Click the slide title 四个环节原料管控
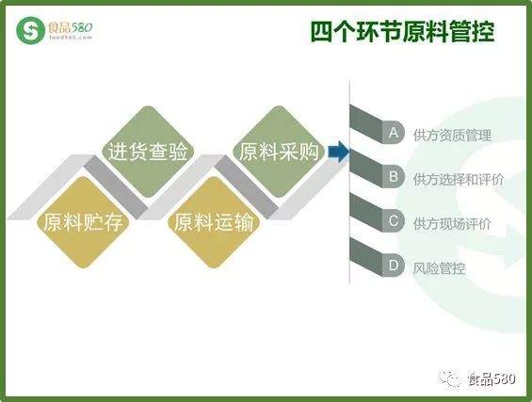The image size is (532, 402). (402, 32)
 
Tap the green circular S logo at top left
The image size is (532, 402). (30, 30)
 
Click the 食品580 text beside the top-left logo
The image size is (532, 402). (71, 27)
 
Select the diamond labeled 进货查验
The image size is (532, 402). (148, 152)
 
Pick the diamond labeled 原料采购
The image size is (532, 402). (279, 152)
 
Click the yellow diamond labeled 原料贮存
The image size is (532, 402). (83, 222)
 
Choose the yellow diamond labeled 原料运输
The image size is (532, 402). (214, 222)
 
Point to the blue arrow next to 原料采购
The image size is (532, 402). (338, 152)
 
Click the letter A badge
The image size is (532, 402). (394, 133)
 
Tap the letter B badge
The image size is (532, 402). (394, 176)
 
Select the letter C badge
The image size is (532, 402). (394, 221)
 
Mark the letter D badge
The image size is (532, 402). (394, 265)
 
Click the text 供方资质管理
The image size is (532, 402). (452, 135)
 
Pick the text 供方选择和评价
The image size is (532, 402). (459, 180)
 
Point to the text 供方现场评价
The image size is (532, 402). (452, 224)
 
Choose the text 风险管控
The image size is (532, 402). (439, 268)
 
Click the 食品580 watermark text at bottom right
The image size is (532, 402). (492, 378)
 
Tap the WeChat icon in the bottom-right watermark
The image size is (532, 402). (449, 378)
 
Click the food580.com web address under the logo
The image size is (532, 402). (71, 38)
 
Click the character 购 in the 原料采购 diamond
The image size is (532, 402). (309, 152)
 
